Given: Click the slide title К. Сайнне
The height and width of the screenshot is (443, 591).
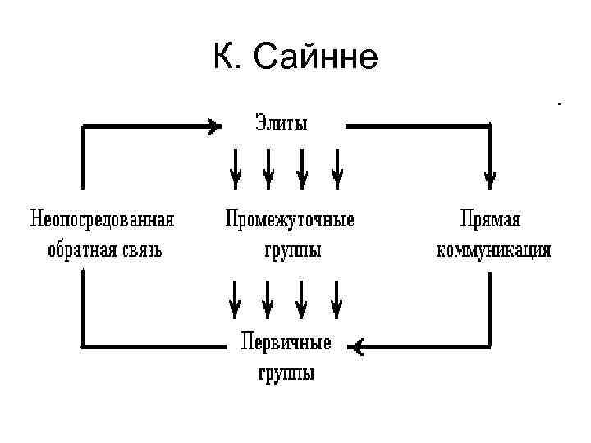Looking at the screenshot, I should [295, 57].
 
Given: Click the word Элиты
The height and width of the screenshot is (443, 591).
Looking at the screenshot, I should [279, 126].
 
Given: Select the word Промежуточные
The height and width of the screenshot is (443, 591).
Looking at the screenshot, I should [290, 220].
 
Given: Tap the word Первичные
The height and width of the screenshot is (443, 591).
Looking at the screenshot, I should [286, 343].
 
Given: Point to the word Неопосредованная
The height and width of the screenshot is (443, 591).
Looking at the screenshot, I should [103, 220].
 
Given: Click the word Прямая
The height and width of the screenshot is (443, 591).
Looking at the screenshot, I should [491, 220].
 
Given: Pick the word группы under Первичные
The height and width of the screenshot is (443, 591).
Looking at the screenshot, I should [286, 373].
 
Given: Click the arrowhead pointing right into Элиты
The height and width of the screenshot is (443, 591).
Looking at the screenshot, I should [214, 126].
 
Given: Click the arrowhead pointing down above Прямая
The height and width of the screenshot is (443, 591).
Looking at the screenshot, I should [491, 175].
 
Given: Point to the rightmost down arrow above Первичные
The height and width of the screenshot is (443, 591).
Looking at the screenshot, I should [336, 299].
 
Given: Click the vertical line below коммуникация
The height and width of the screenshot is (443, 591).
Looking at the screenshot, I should [491, 308].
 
